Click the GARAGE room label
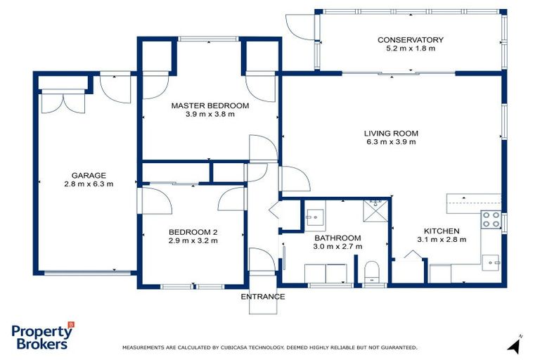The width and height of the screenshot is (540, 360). (88, 175)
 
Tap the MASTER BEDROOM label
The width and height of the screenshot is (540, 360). (210, 105)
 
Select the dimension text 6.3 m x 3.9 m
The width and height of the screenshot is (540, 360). (391, 141)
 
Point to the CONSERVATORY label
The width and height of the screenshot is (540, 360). (410, 40)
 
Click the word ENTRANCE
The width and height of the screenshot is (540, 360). (263, 297)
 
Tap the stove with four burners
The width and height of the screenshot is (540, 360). (489, 219)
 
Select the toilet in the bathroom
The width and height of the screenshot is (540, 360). (372, 272)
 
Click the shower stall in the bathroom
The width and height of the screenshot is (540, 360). (376, 211)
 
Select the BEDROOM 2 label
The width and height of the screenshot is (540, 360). (193, 232)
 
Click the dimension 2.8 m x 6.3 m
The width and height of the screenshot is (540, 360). (88, 184)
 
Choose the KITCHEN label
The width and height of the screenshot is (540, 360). (441, 231)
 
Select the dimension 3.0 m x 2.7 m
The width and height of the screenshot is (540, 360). (337, 247)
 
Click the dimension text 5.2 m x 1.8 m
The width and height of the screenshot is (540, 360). (410, 49)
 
